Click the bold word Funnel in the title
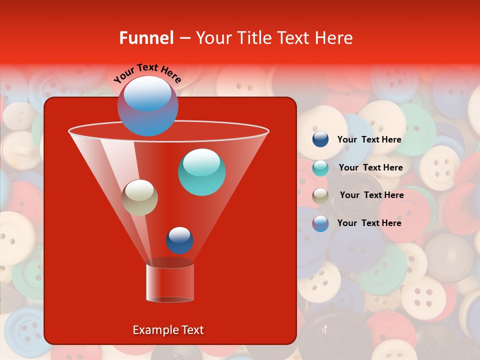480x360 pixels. tap(146, 38)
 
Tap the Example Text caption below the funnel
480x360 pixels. tap(168, 330)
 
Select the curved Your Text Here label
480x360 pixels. tap(147, 73)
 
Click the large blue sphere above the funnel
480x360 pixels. tap(147, 105)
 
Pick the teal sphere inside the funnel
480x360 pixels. tap(201, 172)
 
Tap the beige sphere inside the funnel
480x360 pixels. tap(139, 197)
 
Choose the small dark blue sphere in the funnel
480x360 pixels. tap(179, 240)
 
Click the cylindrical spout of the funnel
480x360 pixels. tap(170, 282)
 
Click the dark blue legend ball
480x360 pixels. tap(320, 139)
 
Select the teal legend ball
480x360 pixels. tap(320, 168)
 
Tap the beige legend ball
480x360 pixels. tap(320, 195)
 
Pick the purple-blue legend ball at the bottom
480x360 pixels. tap(320, 223)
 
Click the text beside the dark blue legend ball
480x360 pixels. tap(369, 140)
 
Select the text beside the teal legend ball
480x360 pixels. tap(370, 167)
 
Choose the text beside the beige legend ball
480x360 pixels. tap(371, 195)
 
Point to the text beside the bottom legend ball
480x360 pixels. tap(369, 223)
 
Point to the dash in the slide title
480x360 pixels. tap(184, 38)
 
